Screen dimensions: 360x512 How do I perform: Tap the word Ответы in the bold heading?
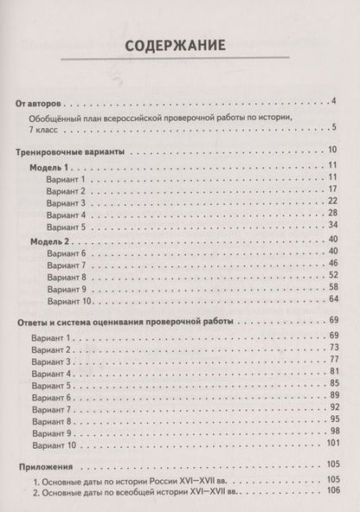tap(35, 322)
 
